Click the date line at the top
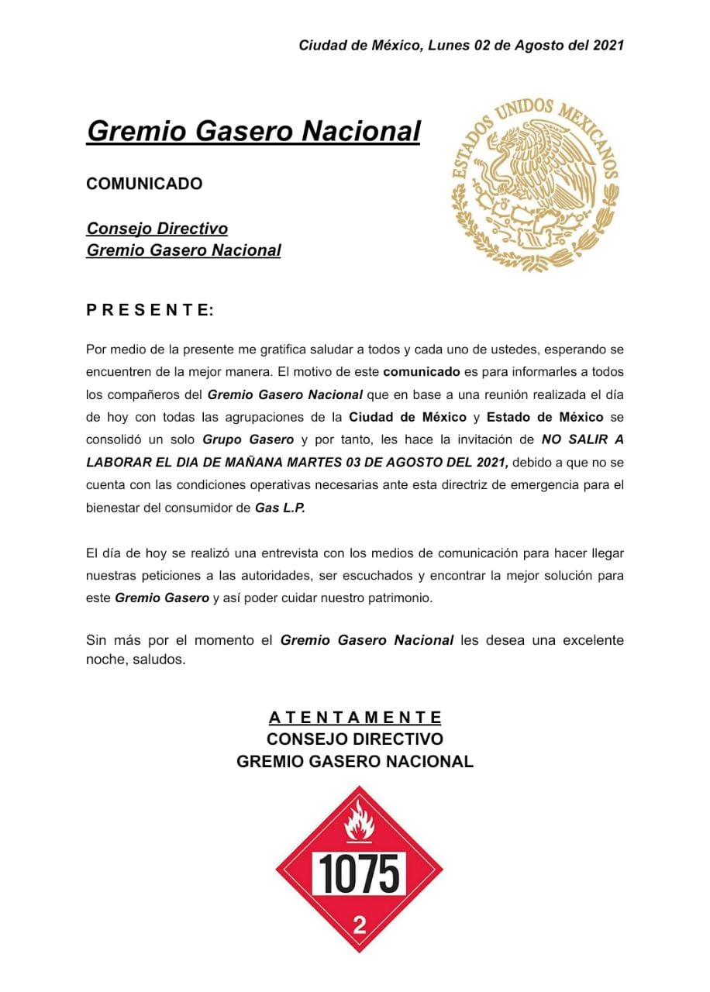pos(461,46)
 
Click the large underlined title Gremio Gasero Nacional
pos(253,131)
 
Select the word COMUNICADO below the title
pos(144,184)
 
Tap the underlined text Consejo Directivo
pos(157,229)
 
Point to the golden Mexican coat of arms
pos(535,184)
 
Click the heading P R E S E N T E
pos(150,311)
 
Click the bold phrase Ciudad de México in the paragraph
pos(407,418)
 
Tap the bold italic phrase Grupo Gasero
pos(248,440)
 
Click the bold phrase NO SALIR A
pos(582,440)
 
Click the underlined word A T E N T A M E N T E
pos(355,717)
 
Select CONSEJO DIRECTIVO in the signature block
pos(355,739)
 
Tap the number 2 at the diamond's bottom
pos(360,924)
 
